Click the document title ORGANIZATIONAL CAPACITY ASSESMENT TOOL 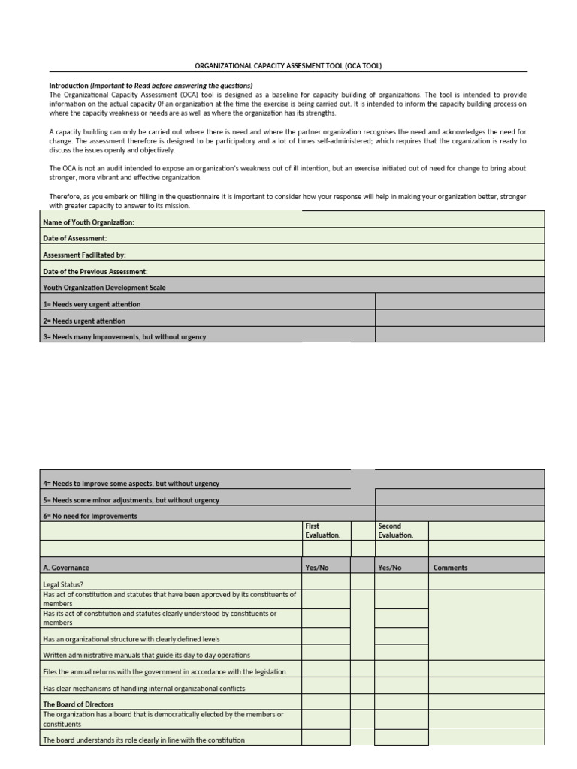[288, 66]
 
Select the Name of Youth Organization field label [89, 222]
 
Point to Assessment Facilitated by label [84, 255]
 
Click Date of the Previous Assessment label [95, 271]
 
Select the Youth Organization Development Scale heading [104, 288]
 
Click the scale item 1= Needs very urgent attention [92, 304]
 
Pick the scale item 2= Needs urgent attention [84, 321]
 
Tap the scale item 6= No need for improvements [90, 516]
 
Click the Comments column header [450, 568]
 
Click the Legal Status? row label [63, 584]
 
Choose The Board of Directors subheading [78, 704]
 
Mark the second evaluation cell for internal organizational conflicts [400, 688]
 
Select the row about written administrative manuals [147, 655]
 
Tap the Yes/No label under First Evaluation [316, 568]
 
